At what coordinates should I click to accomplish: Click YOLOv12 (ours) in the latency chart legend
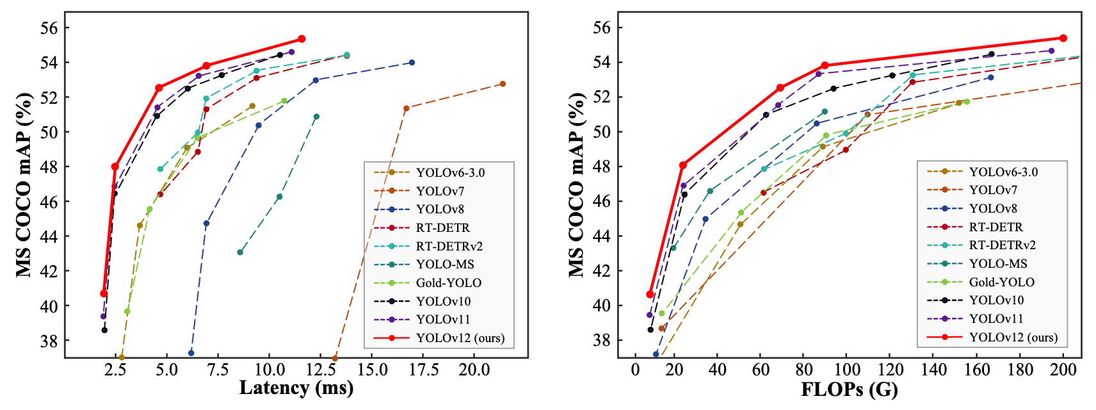(460, 338)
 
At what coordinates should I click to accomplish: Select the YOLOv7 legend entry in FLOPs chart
(993, 190)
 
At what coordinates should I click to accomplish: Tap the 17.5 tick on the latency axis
(424, 370)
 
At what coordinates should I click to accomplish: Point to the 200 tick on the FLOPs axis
(1063, 370)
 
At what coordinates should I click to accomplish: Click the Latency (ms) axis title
(296, 388)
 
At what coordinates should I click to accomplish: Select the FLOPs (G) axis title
(850, 389)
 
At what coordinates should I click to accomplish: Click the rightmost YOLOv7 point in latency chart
(503, 84)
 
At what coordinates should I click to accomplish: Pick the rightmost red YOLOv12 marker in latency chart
(302, 39)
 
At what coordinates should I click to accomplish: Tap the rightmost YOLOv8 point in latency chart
(412, 62)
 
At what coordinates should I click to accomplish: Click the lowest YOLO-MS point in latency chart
(240, 252)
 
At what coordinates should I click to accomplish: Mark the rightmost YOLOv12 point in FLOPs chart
(1063, 38)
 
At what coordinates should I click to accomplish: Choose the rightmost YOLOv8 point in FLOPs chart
(991, 78)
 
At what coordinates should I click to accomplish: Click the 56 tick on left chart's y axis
(50, 28)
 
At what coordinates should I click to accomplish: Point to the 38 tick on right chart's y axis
(602, 340)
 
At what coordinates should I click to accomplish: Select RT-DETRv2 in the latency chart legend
(449, 246)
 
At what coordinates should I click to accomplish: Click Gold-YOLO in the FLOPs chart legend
(1001, 282)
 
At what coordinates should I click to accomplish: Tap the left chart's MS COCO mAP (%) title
(24, 184)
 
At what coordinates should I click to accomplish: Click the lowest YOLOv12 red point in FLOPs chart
(650, 295)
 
